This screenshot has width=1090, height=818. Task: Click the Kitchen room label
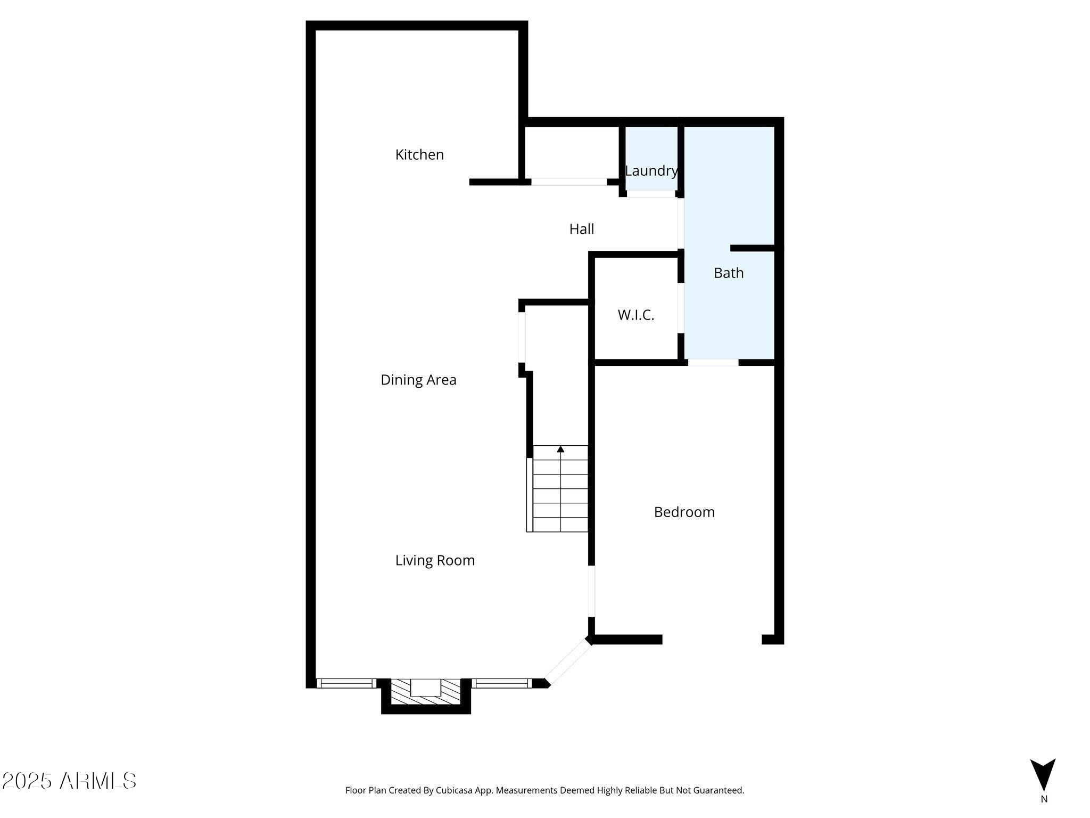(419, 154)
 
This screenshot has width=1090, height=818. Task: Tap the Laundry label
(651, 171)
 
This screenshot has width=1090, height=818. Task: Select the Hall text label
(582, 229)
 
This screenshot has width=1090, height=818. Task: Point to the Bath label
(729, 273)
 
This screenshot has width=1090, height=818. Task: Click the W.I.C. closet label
(636, 315)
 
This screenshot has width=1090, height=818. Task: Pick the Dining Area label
(418, 380)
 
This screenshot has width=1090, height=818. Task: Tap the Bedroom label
(684, 512)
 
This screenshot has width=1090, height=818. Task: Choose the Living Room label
(435, 560)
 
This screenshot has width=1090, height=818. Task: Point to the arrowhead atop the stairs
(560, 449)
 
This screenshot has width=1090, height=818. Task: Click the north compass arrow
(1043, 774)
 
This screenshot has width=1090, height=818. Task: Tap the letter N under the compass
(1044, 799)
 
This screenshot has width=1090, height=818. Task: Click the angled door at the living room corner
(568, 662)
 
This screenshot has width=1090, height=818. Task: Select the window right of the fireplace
(501, 683)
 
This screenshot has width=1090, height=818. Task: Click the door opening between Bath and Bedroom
(713, 363)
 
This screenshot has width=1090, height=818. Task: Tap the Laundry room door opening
(651, 194)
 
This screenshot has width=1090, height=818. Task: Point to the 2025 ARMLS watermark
(69, 781)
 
